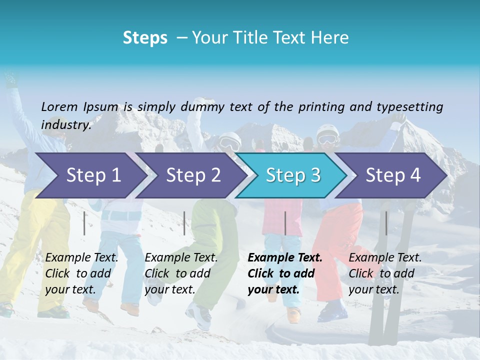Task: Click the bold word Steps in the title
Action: pos(145,38)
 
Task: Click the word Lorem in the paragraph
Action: pos(59,106)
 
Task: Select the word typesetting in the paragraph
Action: pos(409,107)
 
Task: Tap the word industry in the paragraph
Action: pos(66,124)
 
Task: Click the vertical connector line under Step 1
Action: pos(84,223)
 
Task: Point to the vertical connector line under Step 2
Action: pos(184,223)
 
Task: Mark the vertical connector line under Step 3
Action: pos(285,223)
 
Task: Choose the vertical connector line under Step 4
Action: pos(386,223)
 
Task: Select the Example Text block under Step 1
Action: pos(81,273)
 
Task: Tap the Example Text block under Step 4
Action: pos(385,273)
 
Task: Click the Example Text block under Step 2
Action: pos(181,273)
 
